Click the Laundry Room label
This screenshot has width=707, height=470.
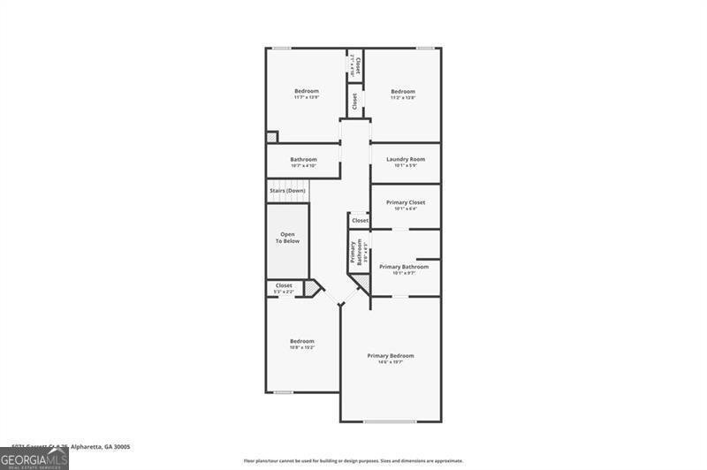pos(406,159)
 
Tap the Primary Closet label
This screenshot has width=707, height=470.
pos(406,202)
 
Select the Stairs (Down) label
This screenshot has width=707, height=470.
pos(287,191)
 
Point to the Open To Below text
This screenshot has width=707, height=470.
pos(287,237)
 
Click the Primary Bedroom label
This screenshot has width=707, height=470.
pos(391,355)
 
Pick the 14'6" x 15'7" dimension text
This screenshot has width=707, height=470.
pos(391,361)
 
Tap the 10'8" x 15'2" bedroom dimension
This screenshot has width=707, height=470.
pos(302,347)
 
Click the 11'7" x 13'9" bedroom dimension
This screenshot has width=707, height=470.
pos(306,97)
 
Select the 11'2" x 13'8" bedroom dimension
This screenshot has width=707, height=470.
pos(403,97)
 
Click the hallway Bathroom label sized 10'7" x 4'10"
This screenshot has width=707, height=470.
pos(303,160)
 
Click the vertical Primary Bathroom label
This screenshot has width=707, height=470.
pos(355,252)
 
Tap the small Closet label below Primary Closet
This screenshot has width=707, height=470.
pos(361,220)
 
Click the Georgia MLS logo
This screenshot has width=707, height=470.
pos(34,459)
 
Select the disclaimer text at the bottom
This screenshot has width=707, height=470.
pos(353,460)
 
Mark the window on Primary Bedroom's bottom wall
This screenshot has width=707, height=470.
pos(390,421)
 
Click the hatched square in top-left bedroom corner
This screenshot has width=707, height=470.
pos(272,136)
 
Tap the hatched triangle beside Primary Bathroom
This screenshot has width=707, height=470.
pos(361,284)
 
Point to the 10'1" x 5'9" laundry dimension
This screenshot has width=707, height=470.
pos(406,165)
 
